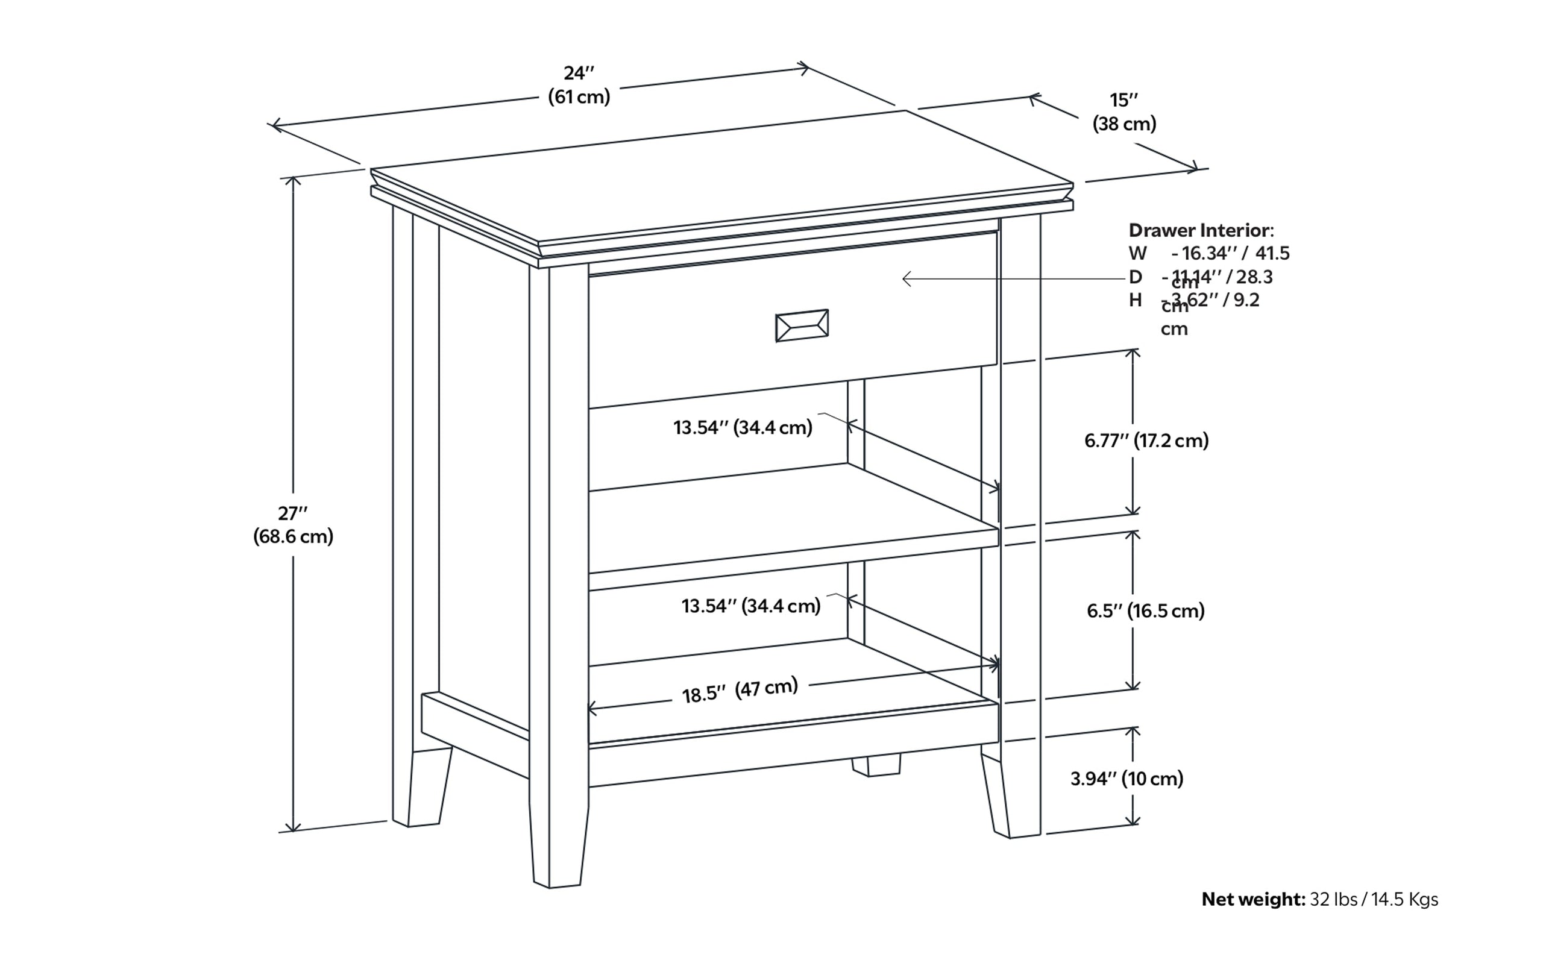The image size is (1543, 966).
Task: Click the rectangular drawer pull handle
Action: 802,326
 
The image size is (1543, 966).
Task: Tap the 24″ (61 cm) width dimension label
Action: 579,85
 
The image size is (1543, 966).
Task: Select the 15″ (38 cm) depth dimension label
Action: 1124,112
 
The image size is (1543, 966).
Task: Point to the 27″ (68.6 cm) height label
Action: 294,524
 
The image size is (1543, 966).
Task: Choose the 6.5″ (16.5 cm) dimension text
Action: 1146,611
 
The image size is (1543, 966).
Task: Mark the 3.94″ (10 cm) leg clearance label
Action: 1127,778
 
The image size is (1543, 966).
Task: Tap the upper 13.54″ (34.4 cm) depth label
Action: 743,427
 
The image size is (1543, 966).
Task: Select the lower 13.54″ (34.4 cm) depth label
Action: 751,606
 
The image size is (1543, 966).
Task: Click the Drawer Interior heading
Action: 1201,230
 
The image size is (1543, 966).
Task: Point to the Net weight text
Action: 1253,900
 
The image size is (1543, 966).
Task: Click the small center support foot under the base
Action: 876,765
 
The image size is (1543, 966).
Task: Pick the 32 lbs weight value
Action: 1333,900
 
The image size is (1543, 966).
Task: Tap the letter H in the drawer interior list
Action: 1136,300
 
